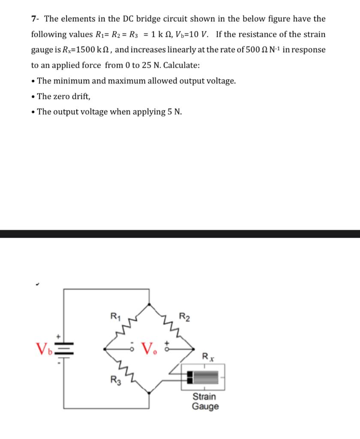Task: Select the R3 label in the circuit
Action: [114, 379]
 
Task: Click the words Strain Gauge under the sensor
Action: [205, 401]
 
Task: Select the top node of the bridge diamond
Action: [149, 305]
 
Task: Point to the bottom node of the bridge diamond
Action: [149, 392]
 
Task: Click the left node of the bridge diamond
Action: [105, 349]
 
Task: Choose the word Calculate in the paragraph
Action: [182, 65]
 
